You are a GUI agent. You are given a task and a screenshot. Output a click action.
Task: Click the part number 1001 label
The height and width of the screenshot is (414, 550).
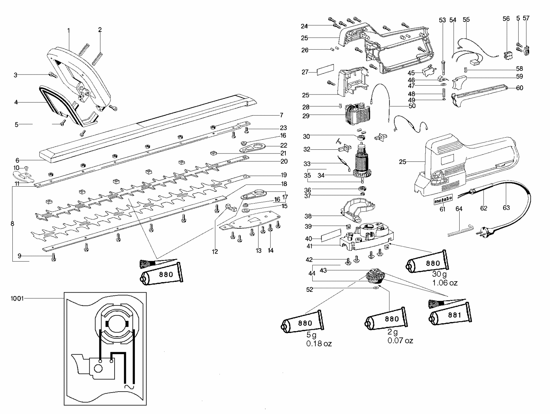click(x=17, y=299)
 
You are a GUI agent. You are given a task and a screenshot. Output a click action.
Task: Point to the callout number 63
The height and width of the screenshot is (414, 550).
click(x=506, y=208)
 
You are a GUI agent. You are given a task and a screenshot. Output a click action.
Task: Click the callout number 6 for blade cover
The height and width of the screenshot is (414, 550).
click(x=17, y=160)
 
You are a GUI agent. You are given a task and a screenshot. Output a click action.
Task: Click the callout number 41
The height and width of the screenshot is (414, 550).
click(x=310, y=246)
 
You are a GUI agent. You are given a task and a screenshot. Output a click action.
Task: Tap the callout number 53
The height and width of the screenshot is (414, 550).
click(x=442, y=20)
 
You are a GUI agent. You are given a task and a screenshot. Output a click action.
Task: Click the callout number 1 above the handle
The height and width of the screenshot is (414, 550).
click(x=68, y=30)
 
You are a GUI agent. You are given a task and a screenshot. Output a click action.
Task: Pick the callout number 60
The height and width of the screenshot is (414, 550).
click(x=519, y=88)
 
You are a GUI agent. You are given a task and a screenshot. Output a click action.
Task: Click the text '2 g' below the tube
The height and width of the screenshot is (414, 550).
click(x=393, y=332)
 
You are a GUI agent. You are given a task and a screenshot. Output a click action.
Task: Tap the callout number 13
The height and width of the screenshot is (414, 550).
click(x=258, y=250)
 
